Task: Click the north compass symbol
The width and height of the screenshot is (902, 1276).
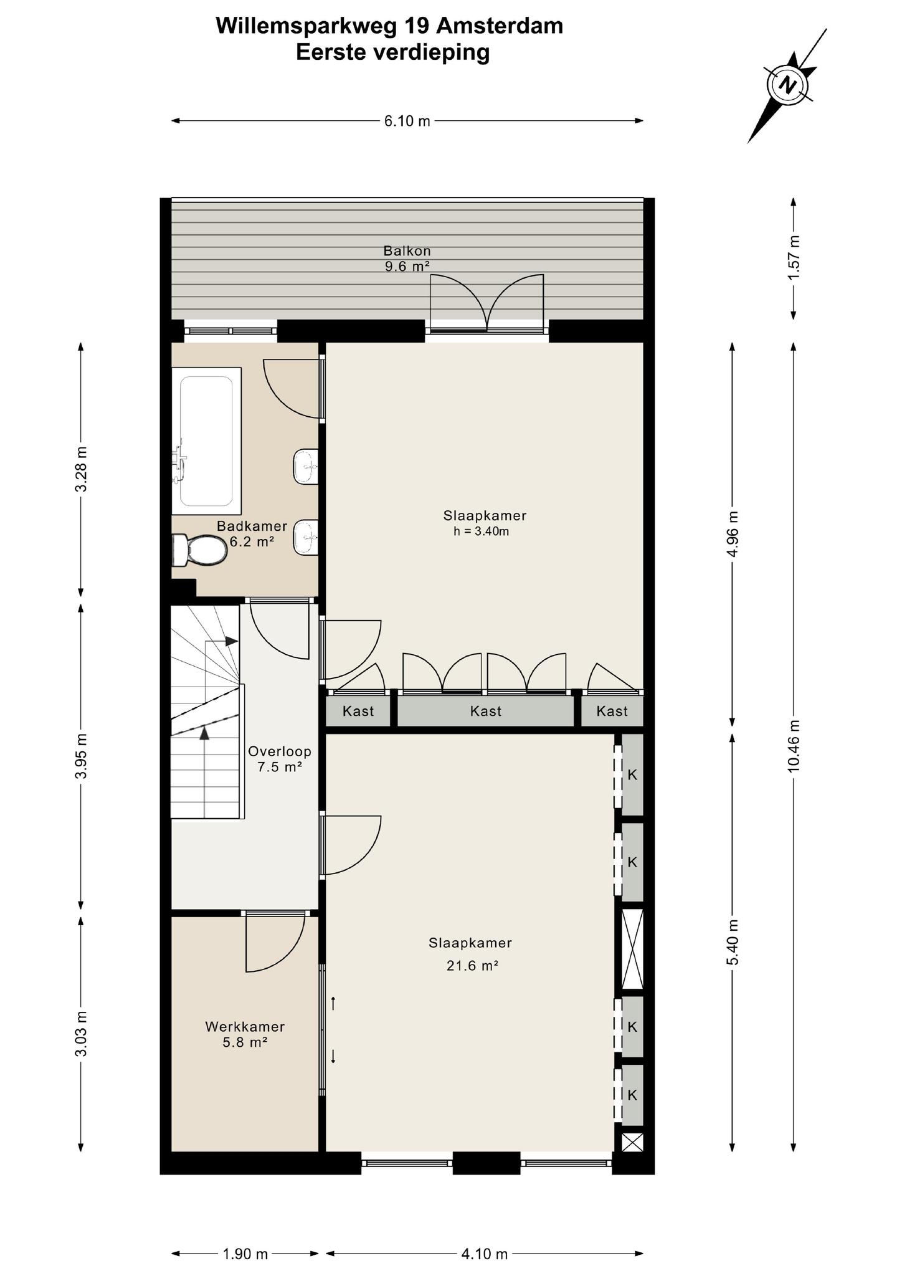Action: click(x=789, y=85)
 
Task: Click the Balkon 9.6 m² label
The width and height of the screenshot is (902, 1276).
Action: click(x=407, y=259)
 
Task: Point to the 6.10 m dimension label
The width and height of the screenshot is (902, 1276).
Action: click(x=407, y=121)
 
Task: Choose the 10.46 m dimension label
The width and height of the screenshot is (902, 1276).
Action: click(x=793, y=746)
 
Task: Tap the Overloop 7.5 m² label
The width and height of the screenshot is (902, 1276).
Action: click(x=280, y=759)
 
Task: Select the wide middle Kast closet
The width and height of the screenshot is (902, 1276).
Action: click(x=485, y=711)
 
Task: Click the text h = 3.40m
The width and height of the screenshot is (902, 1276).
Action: click(x=482, y=531)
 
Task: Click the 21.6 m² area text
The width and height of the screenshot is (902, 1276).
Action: click(x=472, y=966)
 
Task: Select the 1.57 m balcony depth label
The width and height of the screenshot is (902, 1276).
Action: click(x=793, y=257)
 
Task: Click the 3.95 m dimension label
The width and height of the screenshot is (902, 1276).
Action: click(x=81, y=755)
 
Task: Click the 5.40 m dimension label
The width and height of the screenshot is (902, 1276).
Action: click(x=733, y=941)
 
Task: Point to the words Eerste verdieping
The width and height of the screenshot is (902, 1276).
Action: click(x=393, y=53)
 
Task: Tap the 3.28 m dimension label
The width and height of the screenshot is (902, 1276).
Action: click(x=81, y=469)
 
